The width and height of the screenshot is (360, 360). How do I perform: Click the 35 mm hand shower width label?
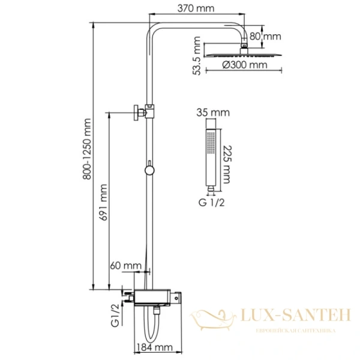209,112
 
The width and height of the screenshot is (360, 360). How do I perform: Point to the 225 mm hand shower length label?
227,161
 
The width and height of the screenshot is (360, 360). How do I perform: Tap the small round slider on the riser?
149,170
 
